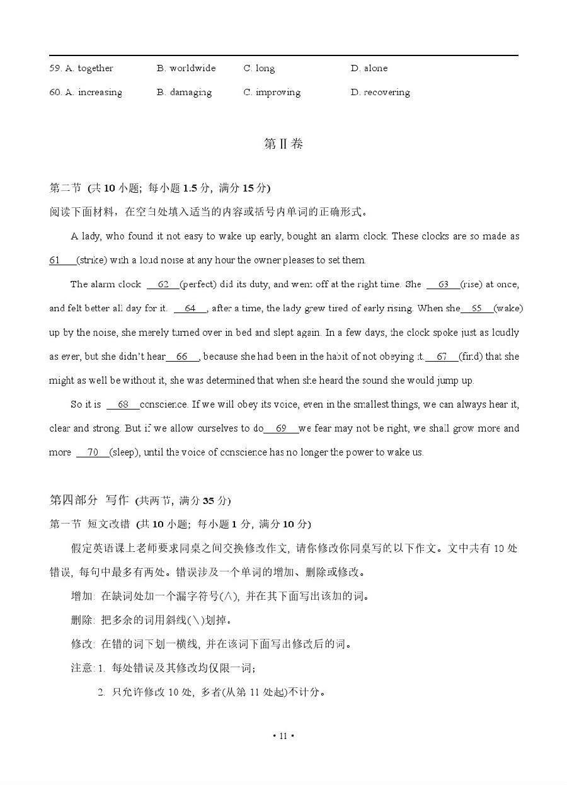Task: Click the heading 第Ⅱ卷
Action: (283, 144)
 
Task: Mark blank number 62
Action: (163, 284)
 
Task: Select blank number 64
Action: (190, 308)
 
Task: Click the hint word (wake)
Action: (508, 308)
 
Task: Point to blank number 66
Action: (183, 357)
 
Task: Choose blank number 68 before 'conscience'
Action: (123, 404)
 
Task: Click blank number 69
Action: (281, 428)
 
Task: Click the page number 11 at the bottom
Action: (283, 735)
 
